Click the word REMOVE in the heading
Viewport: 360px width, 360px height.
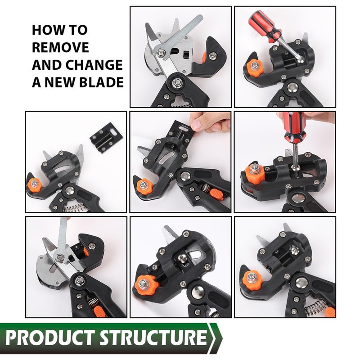(x=60, y=47)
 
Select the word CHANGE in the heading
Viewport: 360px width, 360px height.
(x=94, y=64)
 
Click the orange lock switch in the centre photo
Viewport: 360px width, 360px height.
(x=216, y=194)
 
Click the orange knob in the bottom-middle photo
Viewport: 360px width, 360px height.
(x=146, y=285)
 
